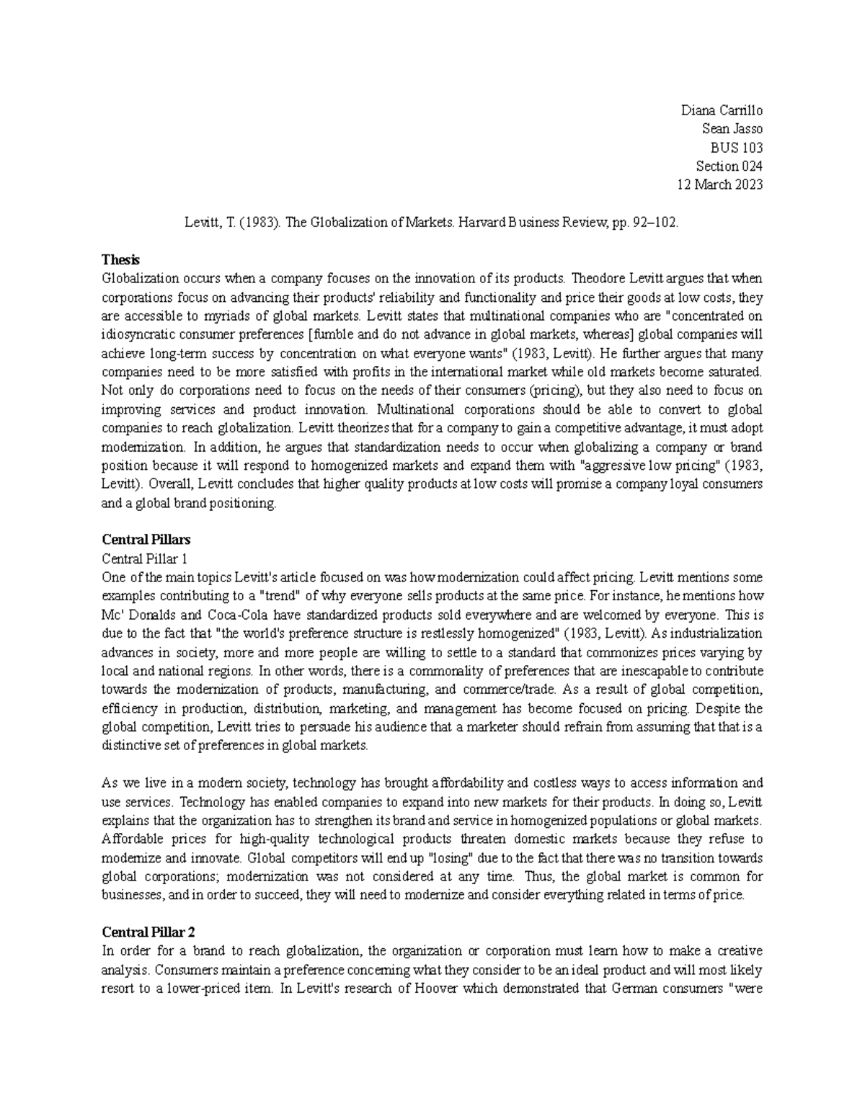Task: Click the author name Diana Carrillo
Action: tap(722, 110)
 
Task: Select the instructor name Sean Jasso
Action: tap(732, 129)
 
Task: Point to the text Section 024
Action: tap(729, 166)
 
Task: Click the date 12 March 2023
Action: tap(719, 184)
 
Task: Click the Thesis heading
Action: tap(120, 259)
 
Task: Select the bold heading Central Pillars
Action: tap(146, 540)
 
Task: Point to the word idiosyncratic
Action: tap(143, 334)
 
